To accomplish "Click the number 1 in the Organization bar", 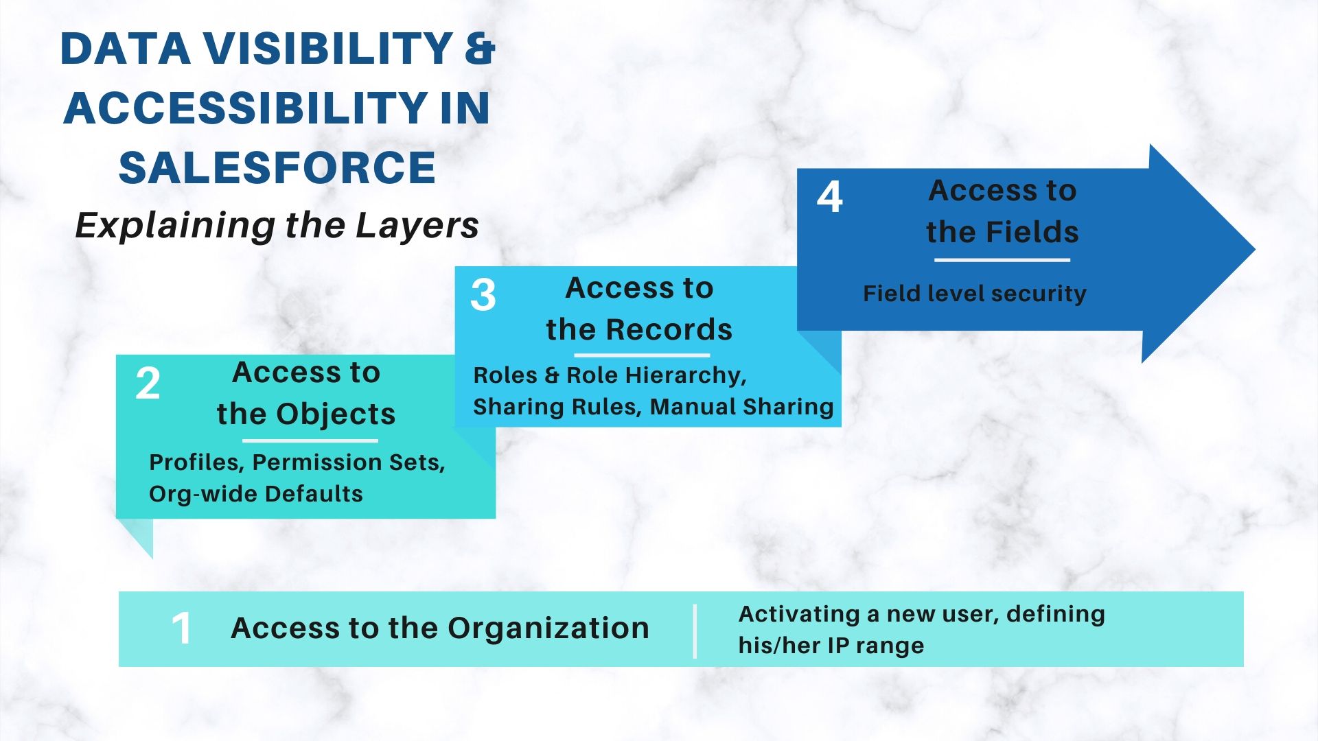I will (181, 628).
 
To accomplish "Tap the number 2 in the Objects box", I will (148, 384).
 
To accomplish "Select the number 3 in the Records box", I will (483, 296).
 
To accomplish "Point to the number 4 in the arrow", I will (829, 198).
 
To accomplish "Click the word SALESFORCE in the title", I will (277, 168).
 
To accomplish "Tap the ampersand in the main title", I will (480, 49).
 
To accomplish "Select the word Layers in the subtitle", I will (417, 226).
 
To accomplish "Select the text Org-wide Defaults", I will (255, 494).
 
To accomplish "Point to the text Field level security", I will (974, 294).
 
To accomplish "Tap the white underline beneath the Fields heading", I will (1002, 260).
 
